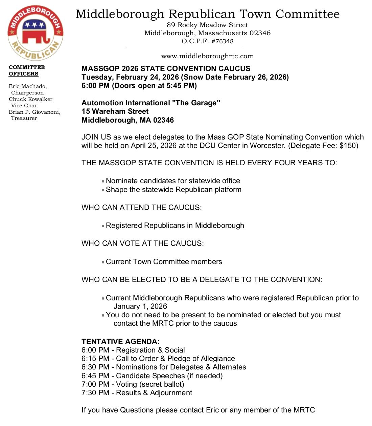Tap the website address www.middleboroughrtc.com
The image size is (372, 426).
click(207, 56)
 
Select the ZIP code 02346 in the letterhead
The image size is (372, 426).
click(260, 33)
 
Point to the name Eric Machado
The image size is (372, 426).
click(28, 86)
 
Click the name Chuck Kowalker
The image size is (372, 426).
click(30, 99)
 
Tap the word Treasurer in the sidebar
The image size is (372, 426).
click(24, 118)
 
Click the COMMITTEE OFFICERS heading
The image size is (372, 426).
click(26, 70)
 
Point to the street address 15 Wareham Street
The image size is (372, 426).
click(115, 111)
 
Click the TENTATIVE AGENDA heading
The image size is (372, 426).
click(120, 341)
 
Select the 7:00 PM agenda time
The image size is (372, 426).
click(95, 384)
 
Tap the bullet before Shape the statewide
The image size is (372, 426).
click(103, 190)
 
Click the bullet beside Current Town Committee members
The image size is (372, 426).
click(103, 262)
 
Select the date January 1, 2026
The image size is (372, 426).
click(140, 306)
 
